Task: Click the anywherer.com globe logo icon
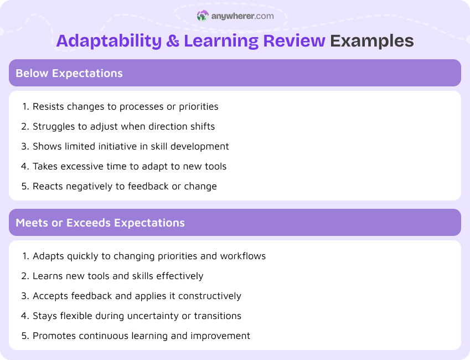[203, 16]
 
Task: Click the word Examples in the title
[372, 41]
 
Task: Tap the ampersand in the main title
[173, 41]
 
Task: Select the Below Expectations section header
[69, 73]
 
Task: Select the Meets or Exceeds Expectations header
[100, 223]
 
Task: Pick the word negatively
[92, 186]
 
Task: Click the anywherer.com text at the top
[242, 16]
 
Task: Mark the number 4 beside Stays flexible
[24, 316]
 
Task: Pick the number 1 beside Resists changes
[24, 106]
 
